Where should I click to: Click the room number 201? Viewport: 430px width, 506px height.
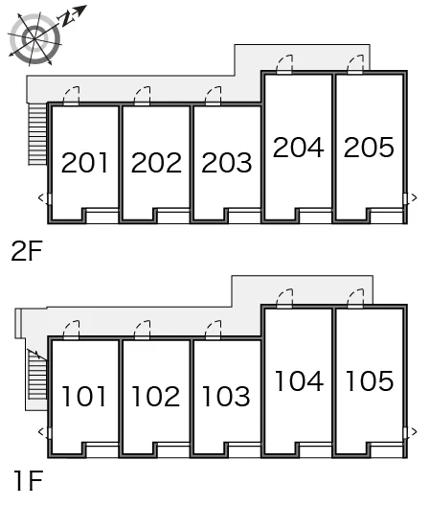pyautogui.click(x=84, y=162)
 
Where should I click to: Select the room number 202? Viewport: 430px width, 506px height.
pyautogui.click(x=156, y=162)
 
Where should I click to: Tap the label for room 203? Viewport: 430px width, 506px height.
pyautogui.click(x=227, y=162)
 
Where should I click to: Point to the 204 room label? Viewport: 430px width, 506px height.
pyautogui.click(x=299, y=148)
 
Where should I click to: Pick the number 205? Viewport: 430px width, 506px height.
pyautogui.click(x=369, y=148)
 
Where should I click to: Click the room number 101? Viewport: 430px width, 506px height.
pyautogui.click(x=84, y=396)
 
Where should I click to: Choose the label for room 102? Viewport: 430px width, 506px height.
pyautogui.click(x=156, y=396)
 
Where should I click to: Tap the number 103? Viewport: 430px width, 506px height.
pyautogui.click(x=226, y=396)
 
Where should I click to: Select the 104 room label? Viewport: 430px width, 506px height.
pyautogui.click(x=299, y=380)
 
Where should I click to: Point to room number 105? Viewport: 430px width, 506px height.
pyautogui.click(x=370, y=380)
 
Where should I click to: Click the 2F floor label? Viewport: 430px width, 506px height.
pyautogui.click(x=27, y=251)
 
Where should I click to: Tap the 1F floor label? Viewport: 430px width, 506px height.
pyautogui.click(x=29, y=481)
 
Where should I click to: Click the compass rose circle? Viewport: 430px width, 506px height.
pyautogui.click(x=34, y=38)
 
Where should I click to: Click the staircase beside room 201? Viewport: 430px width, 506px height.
pyautogui.click(x=37, y=134)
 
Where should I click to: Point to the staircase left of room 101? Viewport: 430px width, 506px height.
pyautogui.click(x=37, y=375)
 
